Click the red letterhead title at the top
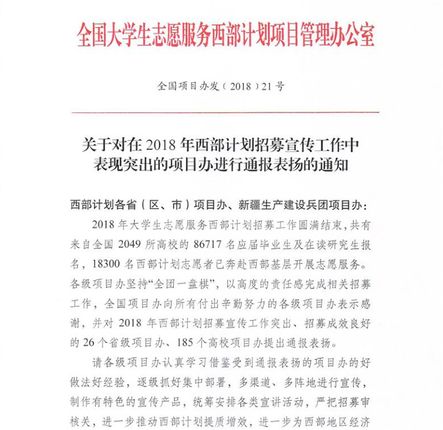(225, 36)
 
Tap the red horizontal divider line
(225, 112)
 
